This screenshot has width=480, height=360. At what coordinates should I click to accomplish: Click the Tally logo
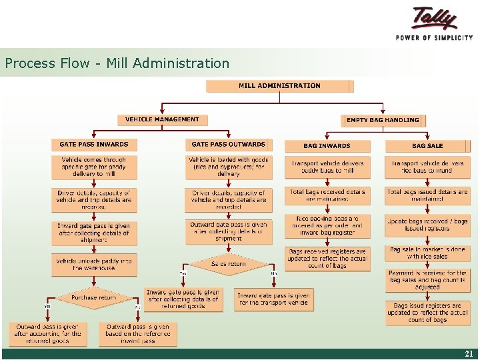(x=435, y=18)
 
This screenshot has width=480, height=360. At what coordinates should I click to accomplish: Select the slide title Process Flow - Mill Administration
(x=117, y=64)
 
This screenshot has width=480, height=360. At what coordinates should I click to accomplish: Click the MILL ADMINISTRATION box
(x=279, y=86)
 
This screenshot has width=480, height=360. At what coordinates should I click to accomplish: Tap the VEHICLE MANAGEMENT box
(x=162, y=120)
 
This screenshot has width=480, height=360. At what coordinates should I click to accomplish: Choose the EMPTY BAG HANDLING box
(x=383, y=121)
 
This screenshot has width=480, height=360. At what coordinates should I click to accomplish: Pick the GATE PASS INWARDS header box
(x=94, y=145)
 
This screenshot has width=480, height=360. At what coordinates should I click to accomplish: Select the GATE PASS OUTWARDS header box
(x=228, y=145)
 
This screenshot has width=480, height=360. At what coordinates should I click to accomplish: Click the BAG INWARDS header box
(x=327, y=145)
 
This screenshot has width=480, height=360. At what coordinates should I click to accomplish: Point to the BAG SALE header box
(x=427, y=145)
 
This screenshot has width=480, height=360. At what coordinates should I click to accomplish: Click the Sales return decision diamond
(x=228, y=264)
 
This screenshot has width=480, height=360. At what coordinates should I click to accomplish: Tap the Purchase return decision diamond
(x=94, y=298)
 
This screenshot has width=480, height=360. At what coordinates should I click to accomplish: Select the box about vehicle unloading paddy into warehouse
(x=94, y=264)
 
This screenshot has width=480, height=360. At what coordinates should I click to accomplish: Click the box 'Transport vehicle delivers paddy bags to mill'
(x=327, y=167)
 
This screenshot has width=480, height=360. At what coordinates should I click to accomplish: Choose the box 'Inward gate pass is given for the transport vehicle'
(x=273, y=299)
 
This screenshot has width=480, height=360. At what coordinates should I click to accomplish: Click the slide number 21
(x=468, y=354)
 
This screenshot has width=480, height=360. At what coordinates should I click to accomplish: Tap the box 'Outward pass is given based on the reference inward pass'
(x=138, y=334)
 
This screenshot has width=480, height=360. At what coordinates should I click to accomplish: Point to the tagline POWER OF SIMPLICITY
(x=434, y=38)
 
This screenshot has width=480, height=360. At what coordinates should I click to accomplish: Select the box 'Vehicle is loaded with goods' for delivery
(x=228, y=167)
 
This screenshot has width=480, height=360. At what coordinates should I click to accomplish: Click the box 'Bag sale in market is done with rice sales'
(x=427, y=253)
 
